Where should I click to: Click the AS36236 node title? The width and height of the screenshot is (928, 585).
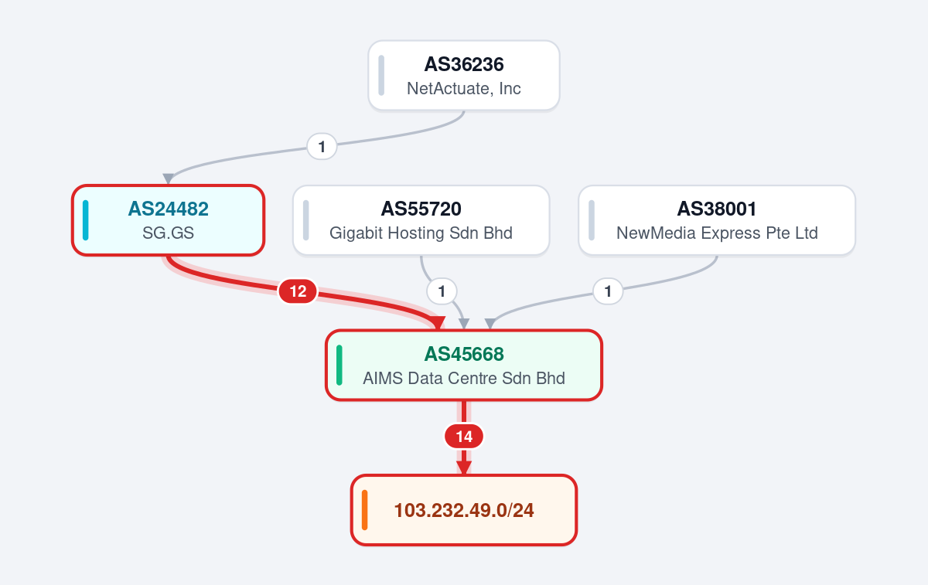[463, 65]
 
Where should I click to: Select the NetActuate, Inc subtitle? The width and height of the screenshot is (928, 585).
[463, 89]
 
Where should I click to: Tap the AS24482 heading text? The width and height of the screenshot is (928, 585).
[169, 209]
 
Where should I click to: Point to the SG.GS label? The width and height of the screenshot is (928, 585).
[169, 233]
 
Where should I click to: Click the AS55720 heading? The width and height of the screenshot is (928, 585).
[421, 209]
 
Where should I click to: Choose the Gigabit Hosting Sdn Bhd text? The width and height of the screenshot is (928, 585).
[421, 233]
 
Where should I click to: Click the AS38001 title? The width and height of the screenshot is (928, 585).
[717, 209]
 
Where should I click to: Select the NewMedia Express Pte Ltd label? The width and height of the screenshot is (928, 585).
[717, 233]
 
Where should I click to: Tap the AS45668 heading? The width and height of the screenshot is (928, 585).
[464, 354]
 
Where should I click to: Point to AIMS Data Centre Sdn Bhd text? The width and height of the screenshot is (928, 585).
[464, 379]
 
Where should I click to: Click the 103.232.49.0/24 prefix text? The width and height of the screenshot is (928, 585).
[464, 510]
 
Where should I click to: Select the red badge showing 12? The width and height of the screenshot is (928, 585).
[298, 291]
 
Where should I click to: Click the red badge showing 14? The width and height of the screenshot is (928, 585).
[464, 437]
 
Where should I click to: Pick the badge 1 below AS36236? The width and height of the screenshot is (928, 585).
[322, 147]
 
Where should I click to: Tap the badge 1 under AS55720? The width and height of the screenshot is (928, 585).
[442, 291]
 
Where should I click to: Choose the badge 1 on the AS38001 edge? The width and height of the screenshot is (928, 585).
[608, 291]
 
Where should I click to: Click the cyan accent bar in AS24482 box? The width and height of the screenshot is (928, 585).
[85, 220]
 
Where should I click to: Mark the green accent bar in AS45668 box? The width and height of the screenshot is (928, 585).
[339, 366]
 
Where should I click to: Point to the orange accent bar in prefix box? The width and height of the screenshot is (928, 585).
[364, 510]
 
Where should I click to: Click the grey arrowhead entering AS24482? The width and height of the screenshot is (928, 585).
[168, 179]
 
